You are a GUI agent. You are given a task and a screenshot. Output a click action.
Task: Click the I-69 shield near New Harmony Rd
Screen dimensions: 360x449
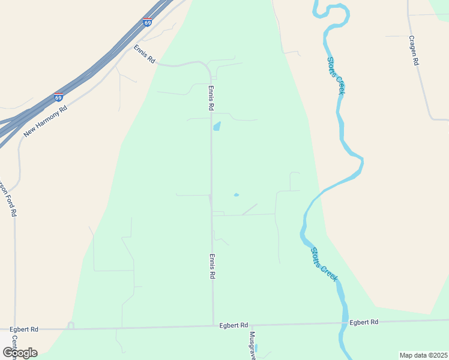[58, 97]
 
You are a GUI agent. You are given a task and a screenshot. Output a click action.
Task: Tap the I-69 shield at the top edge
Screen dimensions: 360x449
[148, 23]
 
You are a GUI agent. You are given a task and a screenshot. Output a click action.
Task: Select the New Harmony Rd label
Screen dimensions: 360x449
[45, 119]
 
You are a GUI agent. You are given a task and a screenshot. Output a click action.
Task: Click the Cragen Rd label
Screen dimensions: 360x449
[413, 50]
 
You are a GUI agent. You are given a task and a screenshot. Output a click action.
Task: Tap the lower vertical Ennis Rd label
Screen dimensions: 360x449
[212, 266]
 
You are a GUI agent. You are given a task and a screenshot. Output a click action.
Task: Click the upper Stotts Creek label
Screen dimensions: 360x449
[336, 75]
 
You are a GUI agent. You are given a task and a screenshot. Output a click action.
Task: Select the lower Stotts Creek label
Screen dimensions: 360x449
[324, 264]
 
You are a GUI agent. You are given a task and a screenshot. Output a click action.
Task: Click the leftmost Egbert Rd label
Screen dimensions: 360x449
[24, 329]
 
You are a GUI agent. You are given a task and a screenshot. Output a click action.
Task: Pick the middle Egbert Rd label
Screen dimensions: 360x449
[234, 325]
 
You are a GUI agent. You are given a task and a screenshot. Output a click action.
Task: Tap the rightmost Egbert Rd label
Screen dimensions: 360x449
[364, 322]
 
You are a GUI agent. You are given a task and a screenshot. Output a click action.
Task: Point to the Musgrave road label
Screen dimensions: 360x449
[253, 345]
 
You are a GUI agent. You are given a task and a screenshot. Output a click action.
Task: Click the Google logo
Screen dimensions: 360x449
[20, 352]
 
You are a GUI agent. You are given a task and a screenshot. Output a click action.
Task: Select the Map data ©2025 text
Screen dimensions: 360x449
[423, 355]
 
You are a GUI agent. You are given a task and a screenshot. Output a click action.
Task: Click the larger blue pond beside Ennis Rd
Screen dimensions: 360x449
[217, 126]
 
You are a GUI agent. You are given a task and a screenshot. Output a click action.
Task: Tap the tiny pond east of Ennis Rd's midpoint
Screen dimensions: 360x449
[236, 194]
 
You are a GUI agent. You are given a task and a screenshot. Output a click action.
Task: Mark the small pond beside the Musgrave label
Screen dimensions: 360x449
[256, 348]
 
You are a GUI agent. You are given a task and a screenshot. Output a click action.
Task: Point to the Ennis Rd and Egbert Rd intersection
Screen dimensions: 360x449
[213, 326]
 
